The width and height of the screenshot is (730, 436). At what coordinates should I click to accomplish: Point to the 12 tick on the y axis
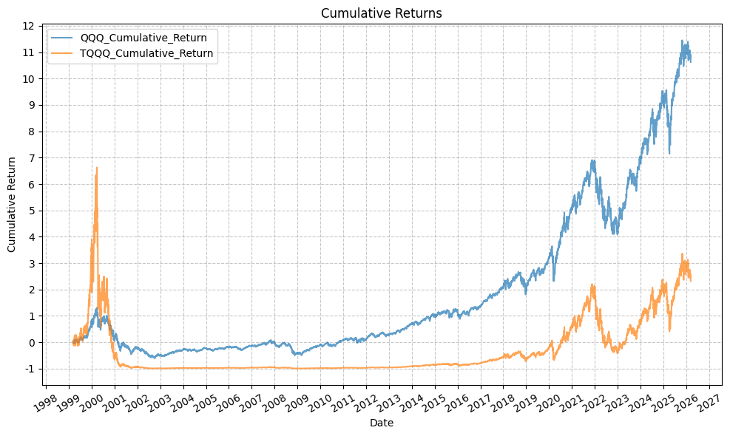(27, 26)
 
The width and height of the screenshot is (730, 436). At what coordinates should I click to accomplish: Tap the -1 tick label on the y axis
(27, 369)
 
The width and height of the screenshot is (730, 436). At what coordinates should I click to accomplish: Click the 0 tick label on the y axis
(30, 342)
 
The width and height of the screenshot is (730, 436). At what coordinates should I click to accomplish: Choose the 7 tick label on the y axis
(30, 158)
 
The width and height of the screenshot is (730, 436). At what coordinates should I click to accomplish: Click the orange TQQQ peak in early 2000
(97, 168)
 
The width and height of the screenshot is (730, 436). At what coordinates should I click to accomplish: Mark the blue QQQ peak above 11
(682, 41)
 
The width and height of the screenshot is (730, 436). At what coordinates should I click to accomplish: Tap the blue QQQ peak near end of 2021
(592, 160)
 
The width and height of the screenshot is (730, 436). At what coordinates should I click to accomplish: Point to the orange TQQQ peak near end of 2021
(593, 285)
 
